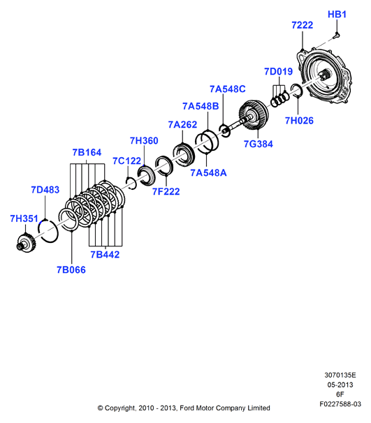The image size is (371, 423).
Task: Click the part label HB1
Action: tap(337, 14)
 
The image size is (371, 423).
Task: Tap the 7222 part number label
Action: tap(302, 25)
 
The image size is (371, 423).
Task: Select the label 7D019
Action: tap(278, 71)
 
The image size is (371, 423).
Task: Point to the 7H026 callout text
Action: tap(299, 121)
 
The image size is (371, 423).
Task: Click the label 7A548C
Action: tap(228, 89)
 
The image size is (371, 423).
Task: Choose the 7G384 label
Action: tap(259, 144)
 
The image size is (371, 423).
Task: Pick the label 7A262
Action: tap(182, 125)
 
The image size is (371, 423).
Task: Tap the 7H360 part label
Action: tap(144, 140)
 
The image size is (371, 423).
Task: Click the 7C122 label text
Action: tap(127, 161)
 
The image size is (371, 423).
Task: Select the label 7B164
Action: tap(87, 152)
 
